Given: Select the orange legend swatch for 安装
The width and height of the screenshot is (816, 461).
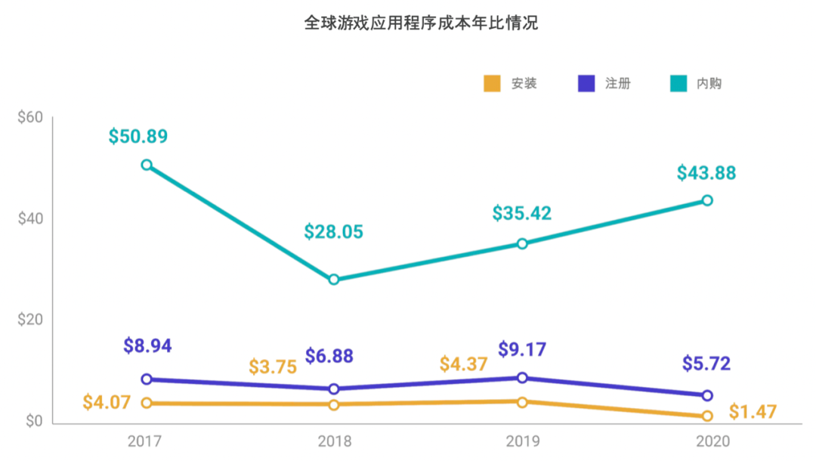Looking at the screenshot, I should (492, 84).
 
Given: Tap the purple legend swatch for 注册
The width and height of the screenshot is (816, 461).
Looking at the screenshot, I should (586, 84).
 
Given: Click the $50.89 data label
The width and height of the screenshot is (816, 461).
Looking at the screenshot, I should (138, 137).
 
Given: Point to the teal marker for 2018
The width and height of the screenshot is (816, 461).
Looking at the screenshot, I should (334, 280).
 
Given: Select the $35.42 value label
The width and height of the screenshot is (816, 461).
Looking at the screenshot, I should (522, 213).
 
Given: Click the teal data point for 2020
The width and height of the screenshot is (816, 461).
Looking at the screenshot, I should (707, 200).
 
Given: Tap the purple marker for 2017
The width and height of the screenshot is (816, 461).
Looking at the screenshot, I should (147, 379).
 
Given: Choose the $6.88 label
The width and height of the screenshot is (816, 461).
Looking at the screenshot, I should (329, 356).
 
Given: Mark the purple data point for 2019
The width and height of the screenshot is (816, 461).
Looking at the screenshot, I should (522, 378).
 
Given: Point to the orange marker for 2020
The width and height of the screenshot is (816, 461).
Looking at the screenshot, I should (707, 416).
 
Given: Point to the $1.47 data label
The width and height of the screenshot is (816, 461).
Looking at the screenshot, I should (753, 413).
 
